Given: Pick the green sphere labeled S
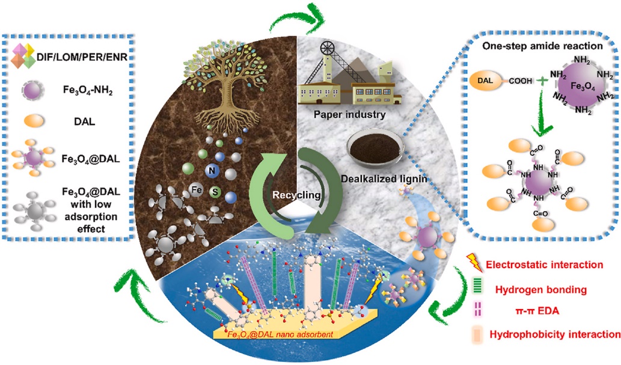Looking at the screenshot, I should [215, 193].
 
